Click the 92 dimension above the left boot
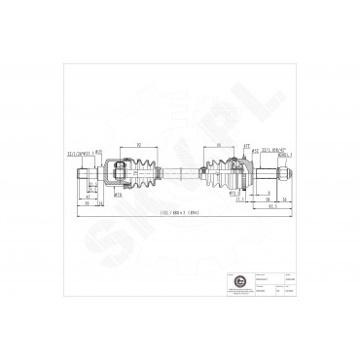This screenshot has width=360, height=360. (138, 145)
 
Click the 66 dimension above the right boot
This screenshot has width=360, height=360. (219, 145)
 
